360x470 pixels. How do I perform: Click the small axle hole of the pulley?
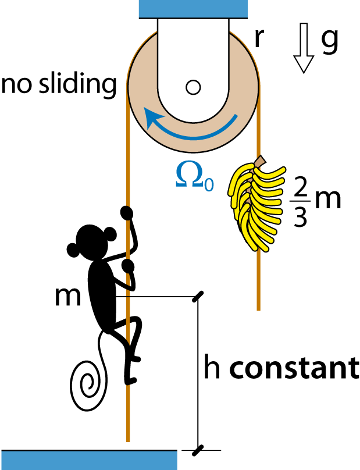(193, 87)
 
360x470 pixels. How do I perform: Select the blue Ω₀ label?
(194, 178)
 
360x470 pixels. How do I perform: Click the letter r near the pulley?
(259, 38)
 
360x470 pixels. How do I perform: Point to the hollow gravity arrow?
(304, 48)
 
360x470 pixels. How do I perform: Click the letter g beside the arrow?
(330, 41)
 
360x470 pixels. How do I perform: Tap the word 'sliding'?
(78, 84)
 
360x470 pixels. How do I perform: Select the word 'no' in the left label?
(16, 85)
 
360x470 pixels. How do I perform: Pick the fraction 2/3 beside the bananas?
(300, 202)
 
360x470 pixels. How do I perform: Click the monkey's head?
(92, 242)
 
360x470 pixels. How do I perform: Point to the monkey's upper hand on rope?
(127, 212)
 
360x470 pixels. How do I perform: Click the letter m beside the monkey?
(68, 297)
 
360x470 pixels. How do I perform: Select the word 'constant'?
(294, 368)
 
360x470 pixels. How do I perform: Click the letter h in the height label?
(212, 366)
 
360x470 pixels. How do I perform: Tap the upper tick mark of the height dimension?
(198, 297)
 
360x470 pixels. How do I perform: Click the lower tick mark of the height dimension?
(198, 451)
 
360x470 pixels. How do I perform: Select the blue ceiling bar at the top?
(193, 9)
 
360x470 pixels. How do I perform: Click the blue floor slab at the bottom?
(89, 460)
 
